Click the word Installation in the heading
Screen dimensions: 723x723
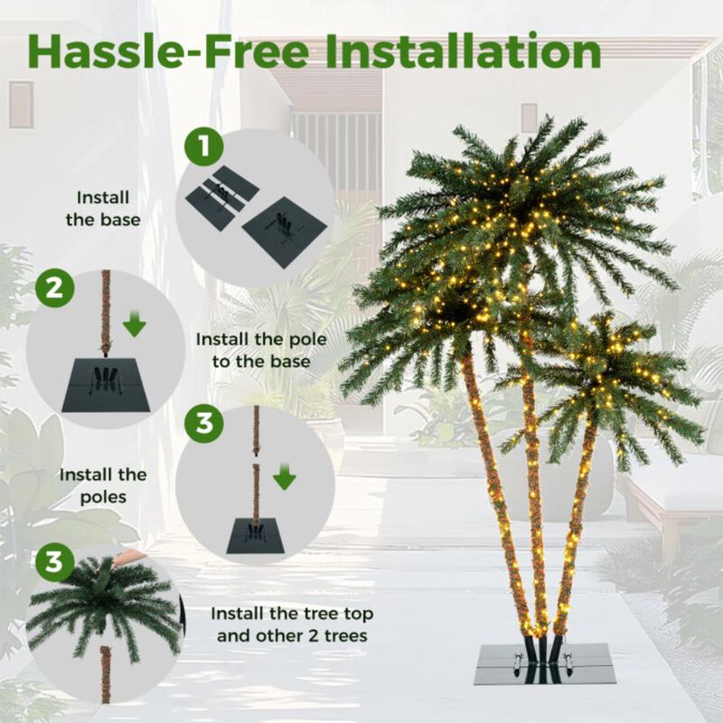tap(463, 52)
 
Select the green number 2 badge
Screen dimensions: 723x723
tap(54, 288)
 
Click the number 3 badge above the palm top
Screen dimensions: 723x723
tap(54, 561)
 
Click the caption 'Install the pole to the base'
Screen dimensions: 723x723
tap(261, 351)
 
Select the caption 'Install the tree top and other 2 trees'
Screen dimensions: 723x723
tap(292, 624)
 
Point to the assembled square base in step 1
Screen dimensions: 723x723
tap(285, 231)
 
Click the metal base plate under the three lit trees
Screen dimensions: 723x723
tap(546, 664)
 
